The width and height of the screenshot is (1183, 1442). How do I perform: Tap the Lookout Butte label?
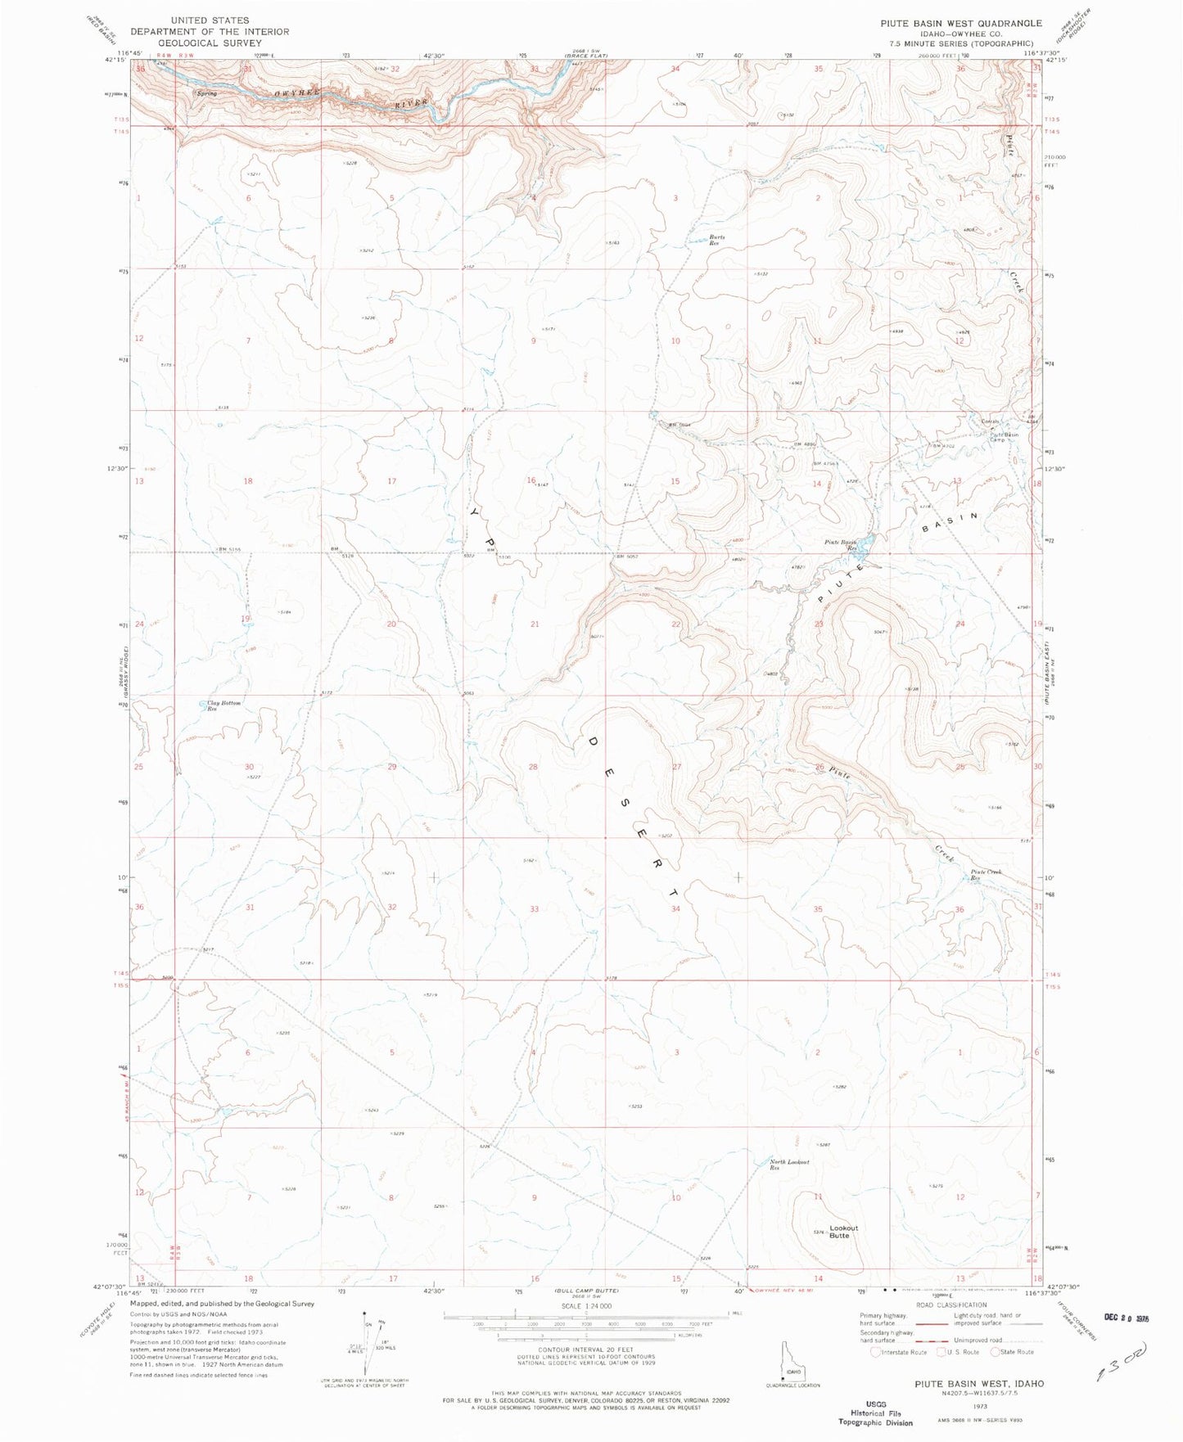pyautogui.click(x=843, y=1231)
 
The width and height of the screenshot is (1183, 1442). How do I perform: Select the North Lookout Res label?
pyautogui.click(x=789, y=1165)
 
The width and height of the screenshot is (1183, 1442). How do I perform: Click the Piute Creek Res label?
pyautogui.click(x=986, y=875)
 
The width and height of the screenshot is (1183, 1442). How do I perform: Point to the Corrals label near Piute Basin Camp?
pyautogui.click(x=991, y=421)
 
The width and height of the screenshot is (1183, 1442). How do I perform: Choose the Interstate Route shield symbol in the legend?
pyautogui.click(x=877, y=1352)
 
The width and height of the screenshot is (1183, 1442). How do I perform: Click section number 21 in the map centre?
pyautogui.click(x=535, y=624)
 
